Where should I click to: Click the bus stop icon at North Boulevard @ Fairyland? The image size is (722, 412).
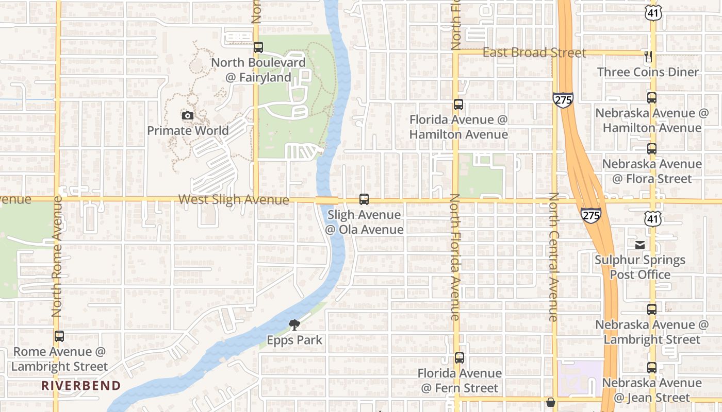tap(258, 47)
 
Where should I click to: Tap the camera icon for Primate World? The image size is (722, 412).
tap(188, 116)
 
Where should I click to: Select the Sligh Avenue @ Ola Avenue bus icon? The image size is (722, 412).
tap(364, 199)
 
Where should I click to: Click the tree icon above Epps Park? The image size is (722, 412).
tap(294, 324)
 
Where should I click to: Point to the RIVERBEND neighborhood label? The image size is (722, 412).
tap(81, 385)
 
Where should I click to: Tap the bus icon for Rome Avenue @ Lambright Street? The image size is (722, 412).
tap(59, 336)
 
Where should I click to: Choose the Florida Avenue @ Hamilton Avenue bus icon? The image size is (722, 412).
tap(458, 105)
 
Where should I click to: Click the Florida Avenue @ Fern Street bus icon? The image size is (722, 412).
tap(459, 358)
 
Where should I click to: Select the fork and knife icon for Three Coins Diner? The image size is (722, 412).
tap(648, 56)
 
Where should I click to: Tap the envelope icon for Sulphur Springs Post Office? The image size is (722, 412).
tap(640, 245)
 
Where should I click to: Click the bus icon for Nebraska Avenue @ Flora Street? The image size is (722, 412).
tap(652, 149)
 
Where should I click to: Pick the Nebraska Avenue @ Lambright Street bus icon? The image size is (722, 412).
tap(652, 310)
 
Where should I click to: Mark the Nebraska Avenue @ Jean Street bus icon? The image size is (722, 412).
tap(652, 368)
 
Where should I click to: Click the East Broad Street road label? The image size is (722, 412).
tap(534, 53)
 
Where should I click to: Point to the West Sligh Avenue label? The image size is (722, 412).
tap(234, 199)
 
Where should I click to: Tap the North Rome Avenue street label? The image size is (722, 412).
tap(57, 256)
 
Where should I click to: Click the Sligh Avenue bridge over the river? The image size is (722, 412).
tap(327, 200)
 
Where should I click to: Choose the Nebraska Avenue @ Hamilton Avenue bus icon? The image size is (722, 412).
tap(652, 98)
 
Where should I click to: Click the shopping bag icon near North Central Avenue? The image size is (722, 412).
tap(550, 402)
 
